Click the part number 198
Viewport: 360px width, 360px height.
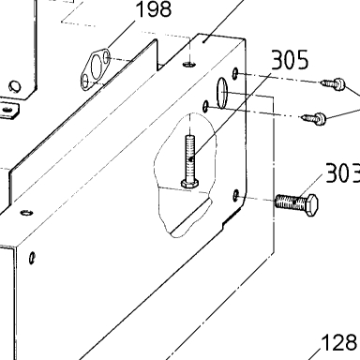(155, 9)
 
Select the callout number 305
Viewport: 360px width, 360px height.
(290, 60)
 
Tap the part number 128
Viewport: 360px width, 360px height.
(339, 342)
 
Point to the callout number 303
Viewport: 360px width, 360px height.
(343, 172)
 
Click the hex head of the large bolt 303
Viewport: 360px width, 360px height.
(310, 204)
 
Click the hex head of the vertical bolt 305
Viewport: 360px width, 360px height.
(189, 184)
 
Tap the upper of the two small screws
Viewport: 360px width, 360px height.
(333, 83)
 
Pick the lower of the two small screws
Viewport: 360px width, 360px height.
(314, 118)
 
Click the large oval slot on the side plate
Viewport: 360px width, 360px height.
(221, 93)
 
